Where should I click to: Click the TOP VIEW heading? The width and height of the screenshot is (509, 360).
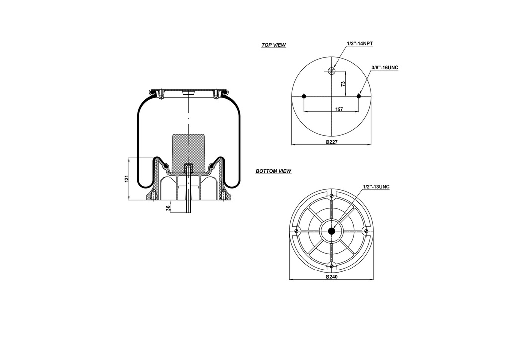pyautogui.click(x=274, y=45)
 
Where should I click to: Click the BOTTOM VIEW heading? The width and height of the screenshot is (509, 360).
pyautogui.click(x=273, y=171)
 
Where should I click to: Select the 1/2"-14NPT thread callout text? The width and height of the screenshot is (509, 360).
pyautogui.click(x=360, y=44)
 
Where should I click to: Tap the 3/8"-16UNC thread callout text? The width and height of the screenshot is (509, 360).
pyautogui.click(x=385, y=67)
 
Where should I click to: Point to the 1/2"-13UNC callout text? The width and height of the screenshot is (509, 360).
pyautogui.click(x=376, y=186)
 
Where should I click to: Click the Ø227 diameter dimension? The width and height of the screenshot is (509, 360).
pyautogui.click(x=332, y=142)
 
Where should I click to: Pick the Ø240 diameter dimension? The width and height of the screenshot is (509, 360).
pyautogui.click(x=332, y=277)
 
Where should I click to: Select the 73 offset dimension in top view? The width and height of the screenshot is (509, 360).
pyautogui.click(x=343, y=84)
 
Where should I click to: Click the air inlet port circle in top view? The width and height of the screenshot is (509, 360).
pyautogui.click(x=332, y=70)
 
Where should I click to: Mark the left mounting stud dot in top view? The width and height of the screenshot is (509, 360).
pyautogui.click(x=304, y=96)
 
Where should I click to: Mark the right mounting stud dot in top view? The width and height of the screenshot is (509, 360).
pyautogui.click(x=359, y=96)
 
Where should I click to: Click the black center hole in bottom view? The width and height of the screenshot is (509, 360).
pyautogui.click(x=332, y=231)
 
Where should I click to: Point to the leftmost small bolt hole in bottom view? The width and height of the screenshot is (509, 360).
pyautogui.click(x=296, y=231)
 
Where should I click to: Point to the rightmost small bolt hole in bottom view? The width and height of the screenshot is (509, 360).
pyautogui.click(x=367, y=231)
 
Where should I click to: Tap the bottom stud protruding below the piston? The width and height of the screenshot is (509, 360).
pyautogui.click(x=189, y=204)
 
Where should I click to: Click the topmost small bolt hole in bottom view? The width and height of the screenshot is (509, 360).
pyautogui.click(x=332, y=195)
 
